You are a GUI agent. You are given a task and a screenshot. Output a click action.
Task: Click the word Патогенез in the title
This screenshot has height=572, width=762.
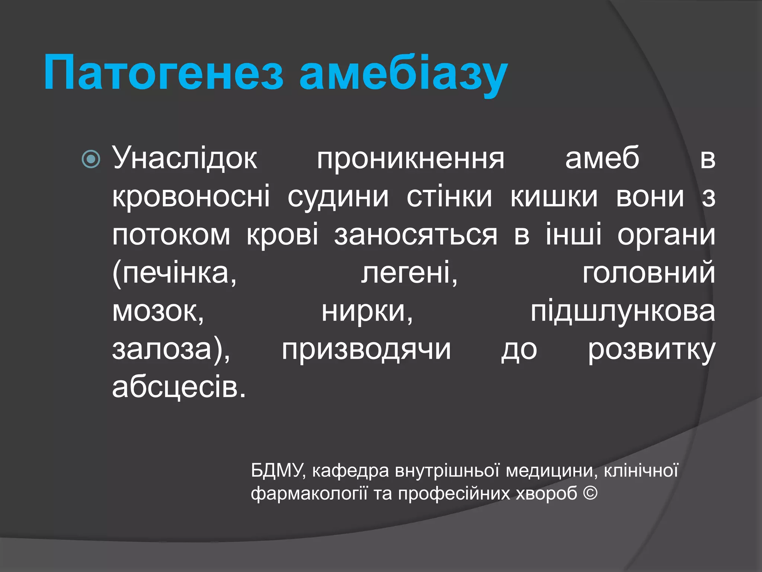[164, 73]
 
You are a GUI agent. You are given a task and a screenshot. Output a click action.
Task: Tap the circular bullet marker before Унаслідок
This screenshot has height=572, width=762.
[91, 159]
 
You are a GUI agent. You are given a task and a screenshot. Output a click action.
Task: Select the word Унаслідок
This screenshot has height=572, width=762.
[185, 158]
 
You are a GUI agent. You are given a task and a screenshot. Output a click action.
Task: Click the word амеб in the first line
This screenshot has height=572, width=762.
[602, 158]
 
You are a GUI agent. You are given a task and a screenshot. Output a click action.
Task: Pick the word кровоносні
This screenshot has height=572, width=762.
[191, 197]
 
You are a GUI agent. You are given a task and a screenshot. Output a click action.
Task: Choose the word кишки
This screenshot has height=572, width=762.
[554, 197]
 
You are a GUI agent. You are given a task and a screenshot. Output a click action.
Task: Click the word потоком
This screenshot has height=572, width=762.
[171, 236]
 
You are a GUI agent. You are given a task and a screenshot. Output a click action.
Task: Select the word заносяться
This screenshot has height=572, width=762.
[415, 236]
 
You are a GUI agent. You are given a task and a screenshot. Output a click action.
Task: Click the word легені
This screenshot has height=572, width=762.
[409, 274]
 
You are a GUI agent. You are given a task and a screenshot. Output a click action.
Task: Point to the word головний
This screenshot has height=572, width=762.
[649, 274]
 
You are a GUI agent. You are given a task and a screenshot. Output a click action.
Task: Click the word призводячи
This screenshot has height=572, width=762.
[366, 351]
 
